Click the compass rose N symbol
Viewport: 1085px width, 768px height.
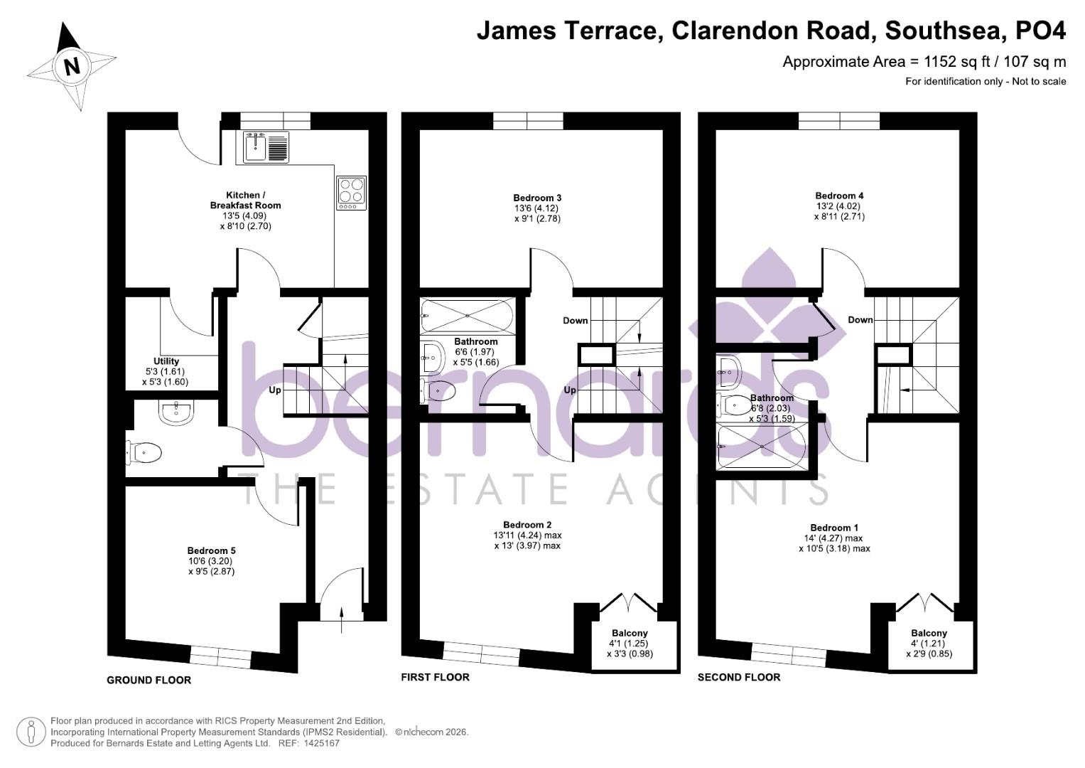[x=71, y=67]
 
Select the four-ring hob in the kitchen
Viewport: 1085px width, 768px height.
[x=351, y=193]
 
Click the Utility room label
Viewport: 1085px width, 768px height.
[x=166, y=361]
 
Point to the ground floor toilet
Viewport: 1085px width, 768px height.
[x=146, y=452]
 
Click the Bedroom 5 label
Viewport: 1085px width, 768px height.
[x=211, y=550]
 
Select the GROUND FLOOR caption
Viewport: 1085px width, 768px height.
[x=149, y=681]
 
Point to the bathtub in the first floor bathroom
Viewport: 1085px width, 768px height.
[x=468, y=315]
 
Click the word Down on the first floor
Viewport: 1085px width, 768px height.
[x=575, y=321]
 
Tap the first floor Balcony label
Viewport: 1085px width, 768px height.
[x=630, y=633]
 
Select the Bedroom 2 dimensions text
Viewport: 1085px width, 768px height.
[x=527, y=540]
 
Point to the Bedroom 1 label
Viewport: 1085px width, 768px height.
[x=834, y=528]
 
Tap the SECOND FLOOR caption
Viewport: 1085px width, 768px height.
[x=738, y=678]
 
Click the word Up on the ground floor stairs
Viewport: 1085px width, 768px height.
[x=275, y=390]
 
